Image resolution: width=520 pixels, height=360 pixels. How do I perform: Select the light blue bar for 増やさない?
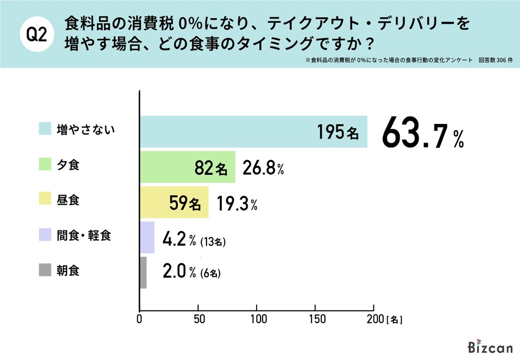coord(253,131)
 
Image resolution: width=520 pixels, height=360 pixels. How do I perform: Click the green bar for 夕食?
coord(187,167)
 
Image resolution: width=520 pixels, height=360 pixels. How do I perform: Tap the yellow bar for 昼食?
coord(173,202)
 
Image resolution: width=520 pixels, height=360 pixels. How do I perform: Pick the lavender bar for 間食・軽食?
coord(147,237)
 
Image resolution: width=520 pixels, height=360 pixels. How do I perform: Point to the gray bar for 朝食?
coord(143,272)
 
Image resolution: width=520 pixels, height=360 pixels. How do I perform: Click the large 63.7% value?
coord(423,134)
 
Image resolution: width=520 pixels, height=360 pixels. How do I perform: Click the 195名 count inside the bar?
coord(338,132)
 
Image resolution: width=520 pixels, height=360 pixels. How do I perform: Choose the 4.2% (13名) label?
coord(195,240)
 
